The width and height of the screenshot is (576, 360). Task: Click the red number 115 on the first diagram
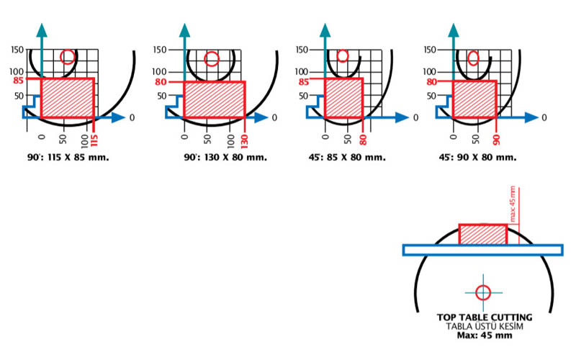94,140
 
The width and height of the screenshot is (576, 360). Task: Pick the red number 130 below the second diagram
244,140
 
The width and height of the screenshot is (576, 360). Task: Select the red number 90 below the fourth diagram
497,138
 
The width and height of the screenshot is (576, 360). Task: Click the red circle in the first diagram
68,56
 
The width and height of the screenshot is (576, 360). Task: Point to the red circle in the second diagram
211,59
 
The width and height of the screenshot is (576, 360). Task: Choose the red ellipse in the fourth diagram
474,58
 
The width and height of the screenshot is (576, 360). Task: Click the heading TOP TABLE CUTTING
485,317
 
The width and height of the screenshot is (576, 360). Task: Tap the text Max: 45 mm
485,335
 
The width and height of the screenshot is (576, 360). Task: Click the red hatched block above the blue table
482,234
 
